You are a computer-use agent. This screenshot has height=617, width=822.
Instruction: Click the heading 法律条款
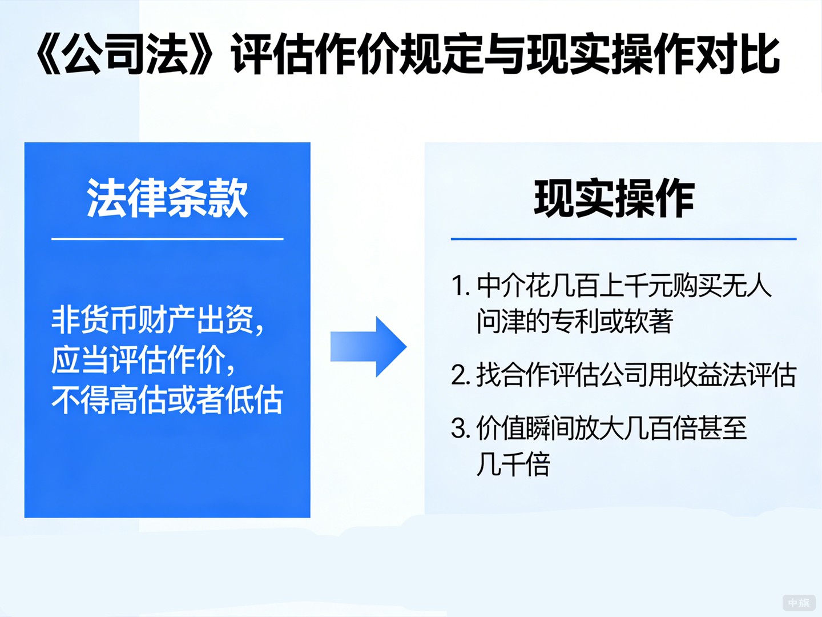click(167, 198)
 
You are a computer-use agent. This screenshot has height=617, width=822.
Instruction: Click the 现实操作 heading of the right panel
click(614, 198)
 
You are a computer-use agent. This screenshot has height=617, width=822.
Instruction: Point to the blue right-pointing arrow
click(369, 347)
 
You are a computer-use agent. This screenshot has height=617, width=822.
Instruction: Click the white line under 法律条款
click(167, 239)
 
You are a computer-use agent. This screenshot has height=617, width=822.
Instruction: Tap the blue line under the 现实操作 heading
click(623, 239)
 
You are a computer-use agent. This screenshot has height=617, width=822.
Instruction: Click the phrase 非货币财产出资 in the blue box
click(153, 319)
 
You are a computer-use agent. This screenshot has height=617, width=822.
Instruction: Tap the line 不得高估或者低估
click(167, 399)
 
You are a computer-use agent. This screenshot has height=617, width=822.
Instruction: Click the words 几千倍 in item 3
click(513, 464)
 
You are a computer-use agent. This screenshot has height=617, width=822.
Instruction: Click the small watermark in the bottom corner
click(799, 603)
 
